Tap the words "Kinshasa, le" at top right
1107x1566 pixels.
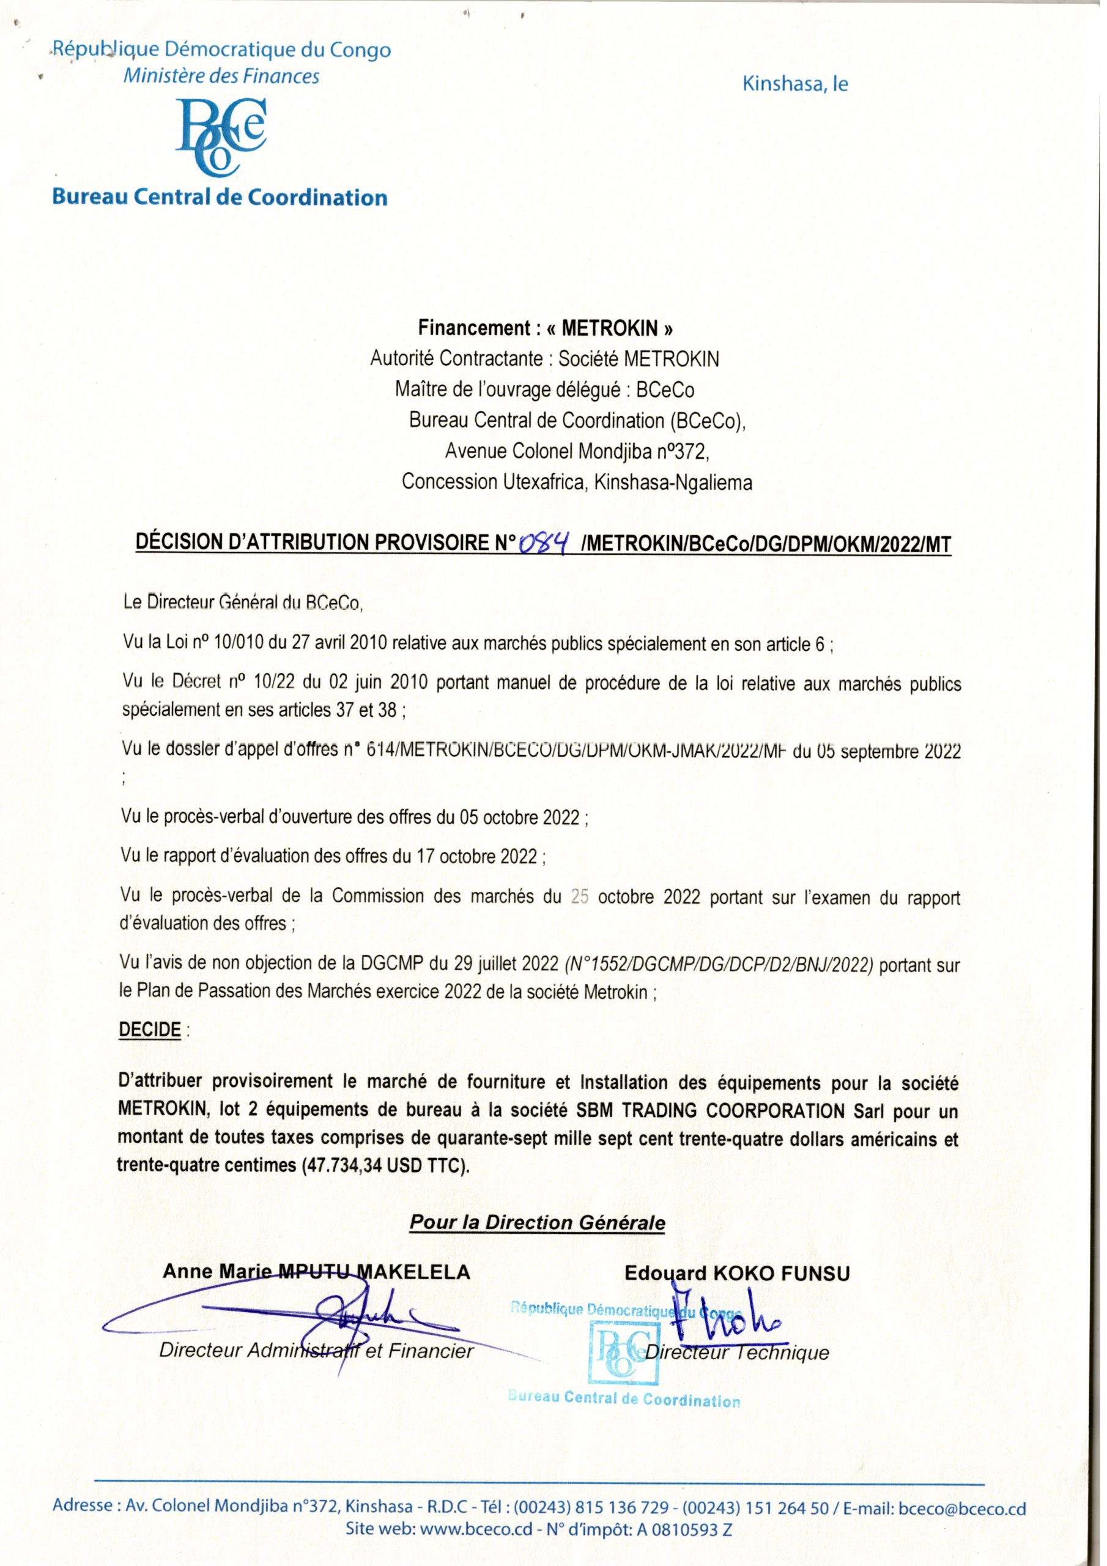[x=794, y=84]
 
